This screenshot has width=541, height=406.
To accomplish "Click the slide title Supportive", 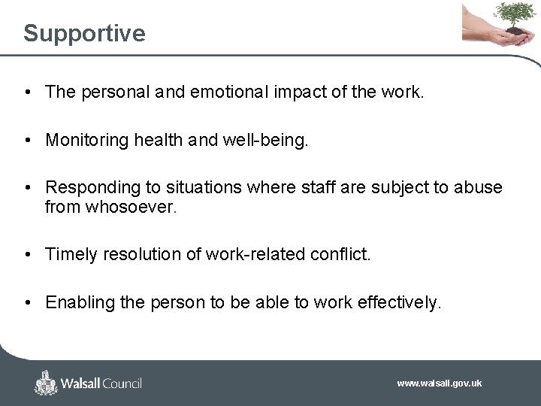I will coord(84,33).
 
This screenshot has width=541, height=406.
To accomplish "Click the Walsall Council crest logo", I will coord(47,383).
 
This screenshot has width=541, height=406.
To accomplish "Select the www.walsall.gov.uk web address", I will coord(439,383).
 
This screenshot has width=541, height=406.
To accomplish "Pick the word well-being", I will coord(267,140).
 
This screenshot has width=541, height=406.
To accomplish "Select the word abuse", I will coord(478,187).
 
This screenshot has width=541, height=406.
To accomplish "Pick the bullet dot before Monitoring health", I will coord(27,141).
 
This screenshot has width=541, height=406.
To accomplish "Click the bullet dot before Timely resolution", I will coord(27,255).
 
